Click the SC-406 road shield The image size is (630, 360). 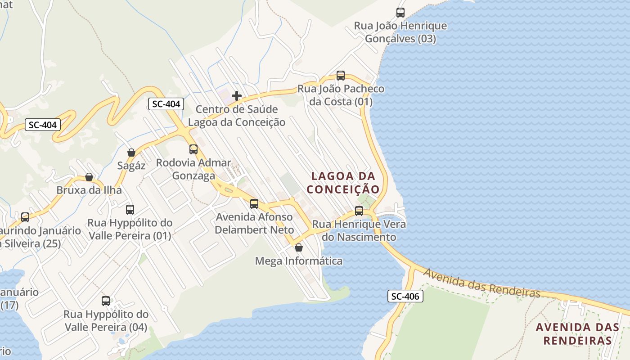point(405,296)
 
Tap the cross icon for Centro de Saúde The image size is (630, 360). point(236,96)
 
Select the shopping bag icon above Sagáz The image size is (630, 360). point(131,153)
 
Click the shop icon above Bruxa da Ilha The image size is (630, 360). point(89,177)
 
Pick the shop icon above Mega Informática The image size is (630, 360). point(298,247)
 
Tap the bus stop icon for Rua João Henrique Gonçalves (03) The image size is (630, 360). point(400,13)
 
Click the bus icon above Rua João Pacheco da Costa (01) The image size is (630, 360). point(341,76)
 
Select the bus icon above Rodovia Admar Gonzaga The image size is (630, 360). point(193,149)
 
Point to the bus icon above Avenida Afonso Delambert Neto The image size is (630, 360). point(254,204)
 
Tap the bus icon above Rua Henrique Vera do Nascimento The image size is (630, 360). point(359,211)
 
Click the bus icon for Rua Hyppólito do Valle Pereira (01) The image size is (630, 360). point(130,209)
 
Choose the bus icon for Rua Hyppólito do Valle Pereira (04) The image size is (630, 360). point(106,301)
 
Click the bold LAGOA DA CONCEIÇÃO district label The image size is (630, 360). point(343,182)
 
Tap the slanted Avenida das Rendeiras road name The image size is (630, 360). point(481,283)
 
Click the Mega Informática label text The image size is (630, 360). point(298,261)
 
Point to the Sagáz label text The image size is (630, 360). point(131,166)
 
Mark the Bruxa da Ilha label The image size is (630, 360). point(89,190)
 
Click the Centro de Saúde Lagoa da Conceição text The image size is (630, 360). point(237,116)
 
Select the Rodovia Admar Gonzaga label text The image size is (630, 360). point(193,169)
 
